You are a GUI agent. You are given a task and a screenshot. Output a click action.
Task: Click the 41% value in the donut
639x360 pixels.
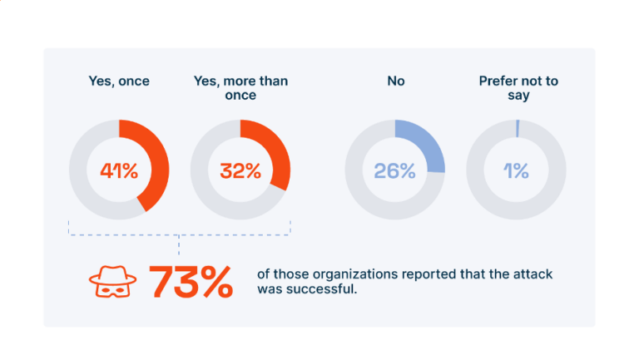pos(119,171)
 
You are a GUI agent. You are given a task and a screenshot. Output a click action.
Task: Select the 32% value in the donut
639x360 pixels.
pos(240,171)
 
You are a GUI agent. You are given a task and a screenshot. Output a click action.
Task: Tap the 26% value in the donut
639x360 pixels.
pos(394,171)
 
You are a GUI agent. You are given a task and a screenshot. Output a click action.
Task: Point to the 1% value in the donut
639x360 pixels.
pos(516,171)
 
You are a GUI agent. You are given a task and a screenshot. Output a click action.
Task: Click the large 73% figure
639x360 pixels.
pos(191,283)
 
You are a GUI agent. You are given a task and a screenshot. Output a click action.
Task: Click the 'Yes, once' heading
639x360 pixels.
pos(118,81)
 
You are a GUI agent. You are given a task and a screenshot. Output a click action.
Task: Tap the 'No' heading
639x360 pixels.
pos(395,81)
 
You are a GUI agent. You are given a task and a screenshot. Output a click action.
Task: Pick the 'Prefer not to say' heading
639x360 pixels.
pos(516,88)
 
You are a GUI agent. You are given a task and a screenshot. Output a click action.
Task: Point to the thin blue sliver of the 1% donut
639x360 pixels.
pos(518,128)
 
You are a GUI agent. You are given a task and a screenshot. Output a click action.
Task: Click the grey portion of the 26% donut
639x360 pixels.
pos(366,195)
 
